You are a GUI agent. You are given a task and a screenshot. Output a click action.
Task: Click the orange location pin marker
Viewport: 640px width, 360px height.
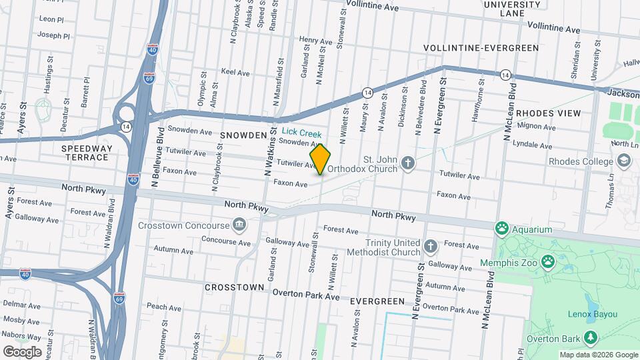(321, 159)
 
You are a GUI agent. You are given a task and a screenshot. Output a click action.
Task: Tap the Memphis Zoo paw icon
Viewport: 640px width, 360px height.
(547, 261)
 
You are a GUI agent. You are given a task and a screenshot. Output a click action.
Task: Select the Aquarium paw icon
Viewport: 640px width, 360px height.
(501, 229)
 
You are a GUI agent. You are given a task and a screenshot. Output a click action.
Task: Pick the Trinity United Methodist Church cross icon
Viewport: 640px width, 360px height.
(431, 247)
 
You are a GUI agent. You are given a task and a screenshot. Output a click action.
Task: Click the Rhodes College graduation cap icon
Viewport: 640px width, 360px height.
(623, 161)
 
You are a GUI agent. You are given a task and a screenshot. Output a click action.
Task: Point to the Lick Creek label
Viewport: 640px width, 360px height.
(301, 134)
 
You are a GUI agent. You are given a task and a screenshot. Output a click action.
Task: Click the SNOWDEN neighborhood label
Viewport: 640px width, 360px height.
(243, 135)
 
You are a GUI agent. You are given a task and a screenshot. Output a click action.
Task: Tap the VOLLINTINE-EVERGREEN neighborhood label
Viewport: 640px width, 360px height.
(481, 48)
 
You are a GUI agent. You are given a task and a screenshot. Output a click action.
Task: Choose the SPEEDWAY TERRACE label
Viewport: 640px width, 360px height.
(85, 153)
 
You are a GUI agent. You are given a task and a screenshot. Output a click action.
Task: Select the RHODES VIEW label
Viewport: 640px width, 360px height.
(549, 113)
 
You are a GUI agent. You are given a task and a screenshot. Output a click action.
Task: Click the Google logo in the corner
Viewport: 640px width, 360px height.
(22, 351)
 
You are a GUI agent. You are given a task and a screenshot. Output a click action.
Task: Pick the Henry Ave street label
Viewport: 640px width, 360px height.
(315, 41)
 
